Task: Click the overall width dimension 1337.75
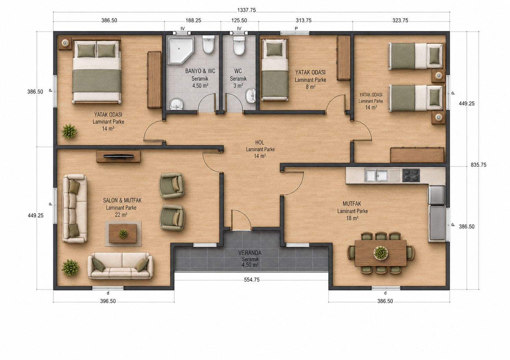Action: (246, 10)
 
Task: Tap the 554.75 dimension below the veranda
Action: (252, 280)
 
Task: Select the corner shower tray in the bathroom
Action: (181, 50)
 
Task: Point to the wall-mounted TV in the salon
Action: (118, 156)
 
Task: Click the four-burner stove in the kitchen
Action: (411, 175)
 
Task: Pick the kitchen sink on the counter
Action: (382, 176)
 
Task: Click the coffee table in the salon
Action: (123, 234)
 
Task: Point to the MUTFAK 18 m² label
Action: (352, 211)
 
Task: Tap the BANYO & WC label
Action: (200, 71)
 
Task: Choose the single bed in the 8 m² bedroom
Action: (274, 70)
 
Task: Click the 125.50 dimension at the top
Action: (239, 20)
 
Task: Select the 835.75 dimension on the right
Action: (478, 165)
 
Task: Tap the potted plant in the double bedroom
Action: (69, 131)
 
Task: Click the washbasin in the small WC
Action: (251, 96)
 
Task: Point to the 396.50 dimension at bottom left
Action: (108, 301)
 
